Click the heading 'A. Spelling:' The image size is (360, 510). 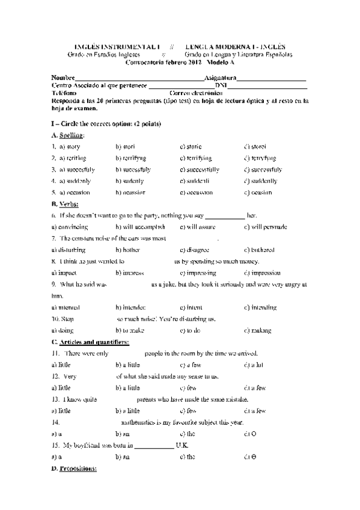click(x=68, y=135)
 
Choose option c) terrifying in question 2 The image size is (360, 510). click(x=196, y=158)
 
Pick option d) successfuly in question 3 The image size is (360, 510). click(x=263, y=170)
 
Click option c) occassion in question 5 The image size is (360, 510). click(x=196, y=192)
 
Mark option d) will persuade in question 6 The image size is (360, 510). click(x=266, y=227)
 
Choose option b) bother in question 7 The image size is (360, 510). click(x=127, y=250)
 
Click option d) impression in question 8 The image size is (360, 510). click(x=263, y=273)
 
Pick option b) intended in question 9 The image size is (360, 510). click(x=130, y=307)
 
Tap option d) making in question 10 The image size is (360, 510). click(x=258, y=331)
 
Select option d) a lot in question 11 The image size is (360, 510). click(x=255, y=365)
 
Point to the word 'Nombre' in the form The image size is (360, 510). click(x=63, y=78)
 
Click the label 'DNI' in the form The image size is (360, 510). click(x=221, y=86)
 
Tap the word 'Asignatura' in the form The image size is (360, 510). click(x=220, y=78)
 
